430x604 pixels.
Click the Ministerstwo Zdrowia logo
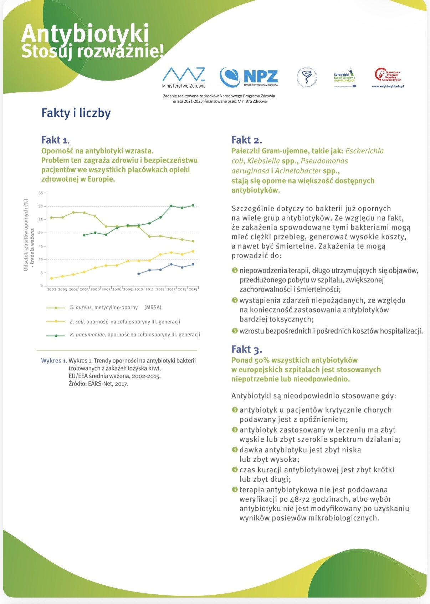[184, 77]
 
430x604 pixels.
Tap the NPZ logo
[249, 77]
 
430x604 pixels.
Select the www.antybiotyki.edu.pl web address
[388, 86]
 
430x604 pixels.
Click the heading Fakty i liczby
[76, 113]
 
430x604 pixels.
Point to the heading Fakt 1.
[55, 140]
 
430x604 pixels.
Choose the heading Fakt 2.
[246, 140]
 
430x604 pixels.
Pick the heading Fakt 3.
[246, 349]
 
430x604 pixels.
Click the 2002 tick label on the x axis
[52, 289]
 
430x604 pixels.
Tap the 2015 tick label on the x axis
[193, 289]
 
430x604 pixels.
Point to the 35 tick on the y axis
[41, 193]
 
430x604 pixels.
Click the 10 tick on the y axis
[41, 259]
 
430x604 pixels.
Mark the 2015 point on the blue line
[193, 264]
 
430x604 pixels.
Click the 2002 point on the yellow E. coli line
[52, 278]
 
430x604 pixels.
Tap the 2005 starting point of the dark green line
[84, 235]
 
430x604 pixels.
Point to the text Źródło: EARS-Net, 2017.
[98, 384]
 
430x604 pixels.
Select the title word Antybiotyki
[85, 34]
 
